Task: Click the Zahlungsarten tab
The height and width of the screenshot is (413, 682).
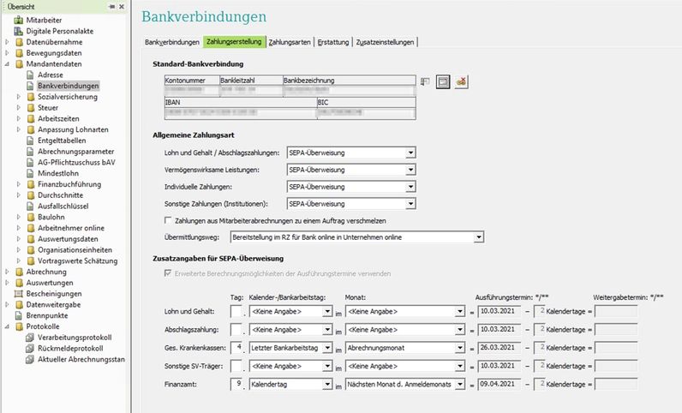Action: pyautogui.click(x=290, y=41)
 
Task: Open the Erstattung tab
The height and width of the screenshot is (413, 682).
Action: pyautogui.click(x=332, y=41)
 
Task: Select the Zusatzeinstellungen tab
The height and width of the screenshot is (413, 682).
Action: pyautogui.click(x=385, y=41)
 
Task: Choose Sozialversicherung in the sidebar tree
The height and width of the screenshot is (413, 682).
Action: pyautogui.click(x=68, y=97)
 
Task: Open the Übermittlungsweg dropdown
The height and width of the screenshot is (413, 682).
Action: pyautogui.click(x=479, y=236)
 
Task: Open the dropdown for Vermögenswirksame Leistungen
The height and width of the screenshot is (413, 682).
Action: pyautogui.click(x=410, y=170)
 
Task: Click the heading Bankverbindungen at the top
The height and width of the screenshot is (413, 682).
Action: pyautogui.click(x=203, y=16)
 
